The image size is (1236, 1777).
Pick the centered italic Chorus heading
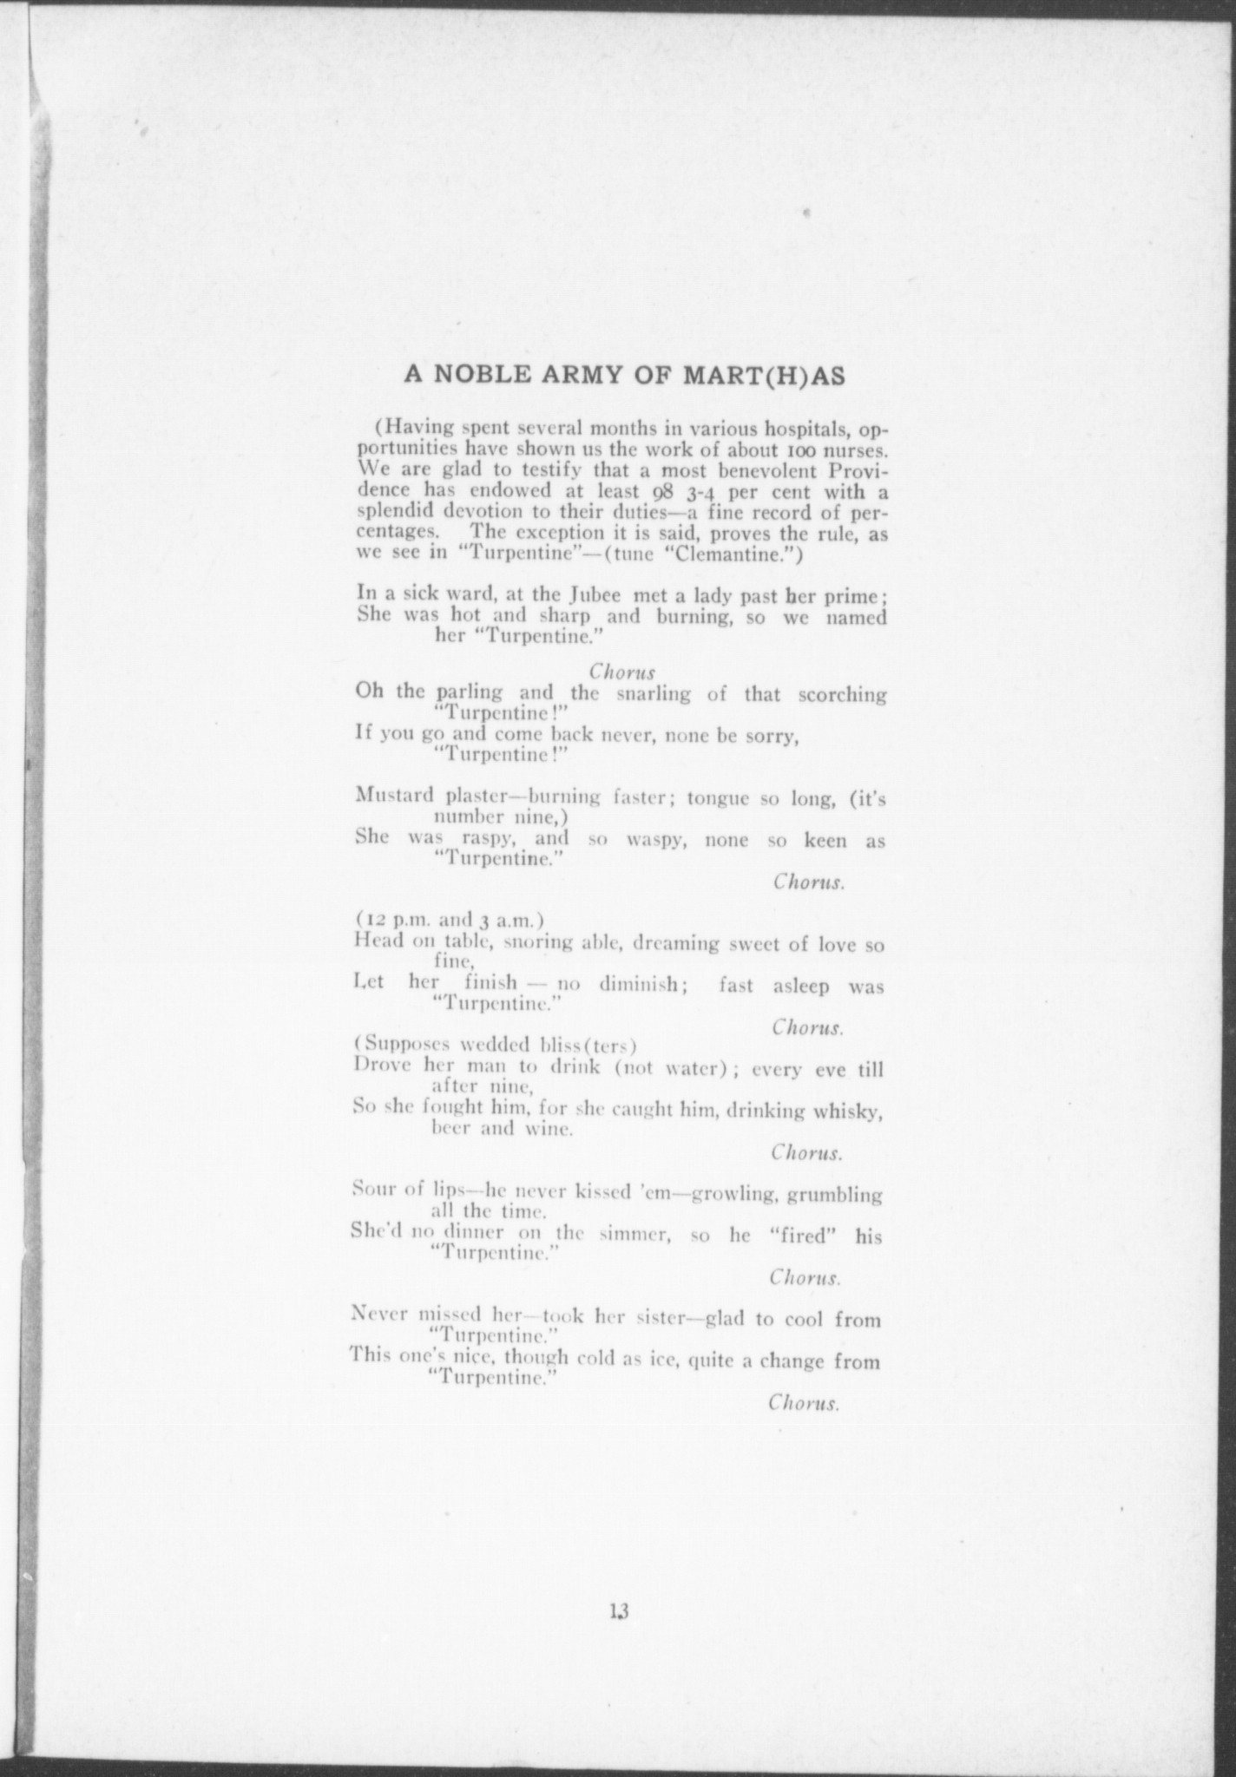pos(621,671)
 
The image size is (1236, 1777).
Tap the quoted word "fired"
pos(802,1236)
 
